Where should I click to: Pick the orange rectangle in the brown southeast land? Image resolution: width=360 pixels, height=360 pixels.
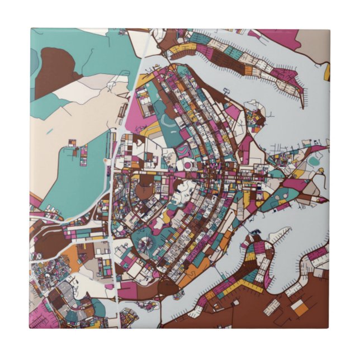tap(301, 307)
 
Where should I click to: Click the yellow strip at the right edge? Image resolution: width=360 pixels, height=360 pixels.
tap(327, 72)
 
